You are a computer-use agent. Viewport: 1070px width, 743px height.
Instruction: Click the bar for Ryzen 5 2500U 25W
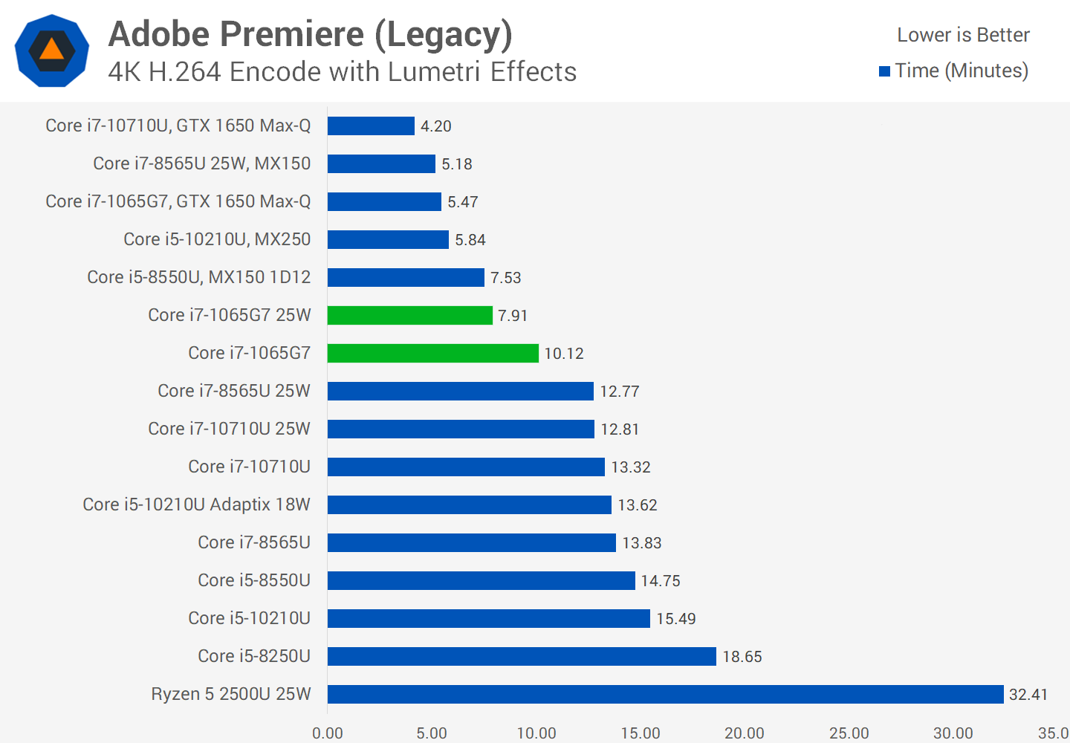click(665, 694)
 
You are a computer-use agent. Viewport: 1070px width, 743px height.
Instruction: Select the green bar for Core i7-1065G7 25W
click(409, 315)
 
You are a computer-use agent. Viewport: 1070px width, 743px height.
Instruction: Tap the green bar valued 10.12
click(432, 353)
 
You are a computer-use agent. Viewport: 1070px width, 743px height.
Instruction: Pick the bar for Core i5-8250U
click(522, 656)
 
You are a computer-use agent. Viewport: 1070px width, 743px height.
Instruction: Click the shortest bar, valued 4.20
click(371, 126)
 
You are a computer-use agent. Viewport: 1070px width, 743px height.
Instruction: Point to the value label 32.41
click(1028, 695)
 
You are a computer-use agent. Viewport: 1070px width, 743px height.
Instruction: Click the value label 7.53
click(506, 278)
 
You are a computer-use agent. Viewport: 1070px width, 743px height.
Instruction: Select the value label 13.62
click(638, 505)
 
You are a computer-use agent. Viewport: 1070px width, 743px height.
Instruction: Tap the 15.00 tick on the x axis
click(641, 733)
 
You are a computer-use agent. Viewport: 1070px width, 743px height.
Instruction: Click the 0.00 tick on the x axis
click(328, 733)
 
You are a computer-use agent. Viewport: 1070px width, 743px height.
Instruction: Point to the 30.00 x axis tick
click(953, 733)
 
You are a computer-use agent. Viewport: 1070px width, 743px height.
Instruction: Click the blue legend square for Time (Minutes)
click(884, 71)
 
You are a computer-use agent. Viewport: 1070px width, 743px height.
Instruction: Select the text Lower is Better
click(963, 35)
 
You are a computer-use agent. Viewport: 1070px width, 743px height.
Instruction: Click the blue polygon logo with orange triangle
click(52, 51)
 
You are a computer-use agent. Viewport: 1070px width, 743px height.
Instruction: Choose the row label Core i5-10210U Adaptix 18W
click(196, 504)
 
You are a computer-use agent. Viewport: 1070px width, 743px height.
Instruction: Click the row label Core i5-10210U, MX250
click(217, 239)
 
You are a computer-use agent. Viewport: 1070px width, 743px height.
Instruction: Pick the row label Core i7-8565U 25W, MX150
click(201, 163)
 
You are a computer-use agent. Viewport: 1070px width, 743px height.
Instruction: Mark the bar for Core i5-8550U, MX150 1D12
click(406, 277)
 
